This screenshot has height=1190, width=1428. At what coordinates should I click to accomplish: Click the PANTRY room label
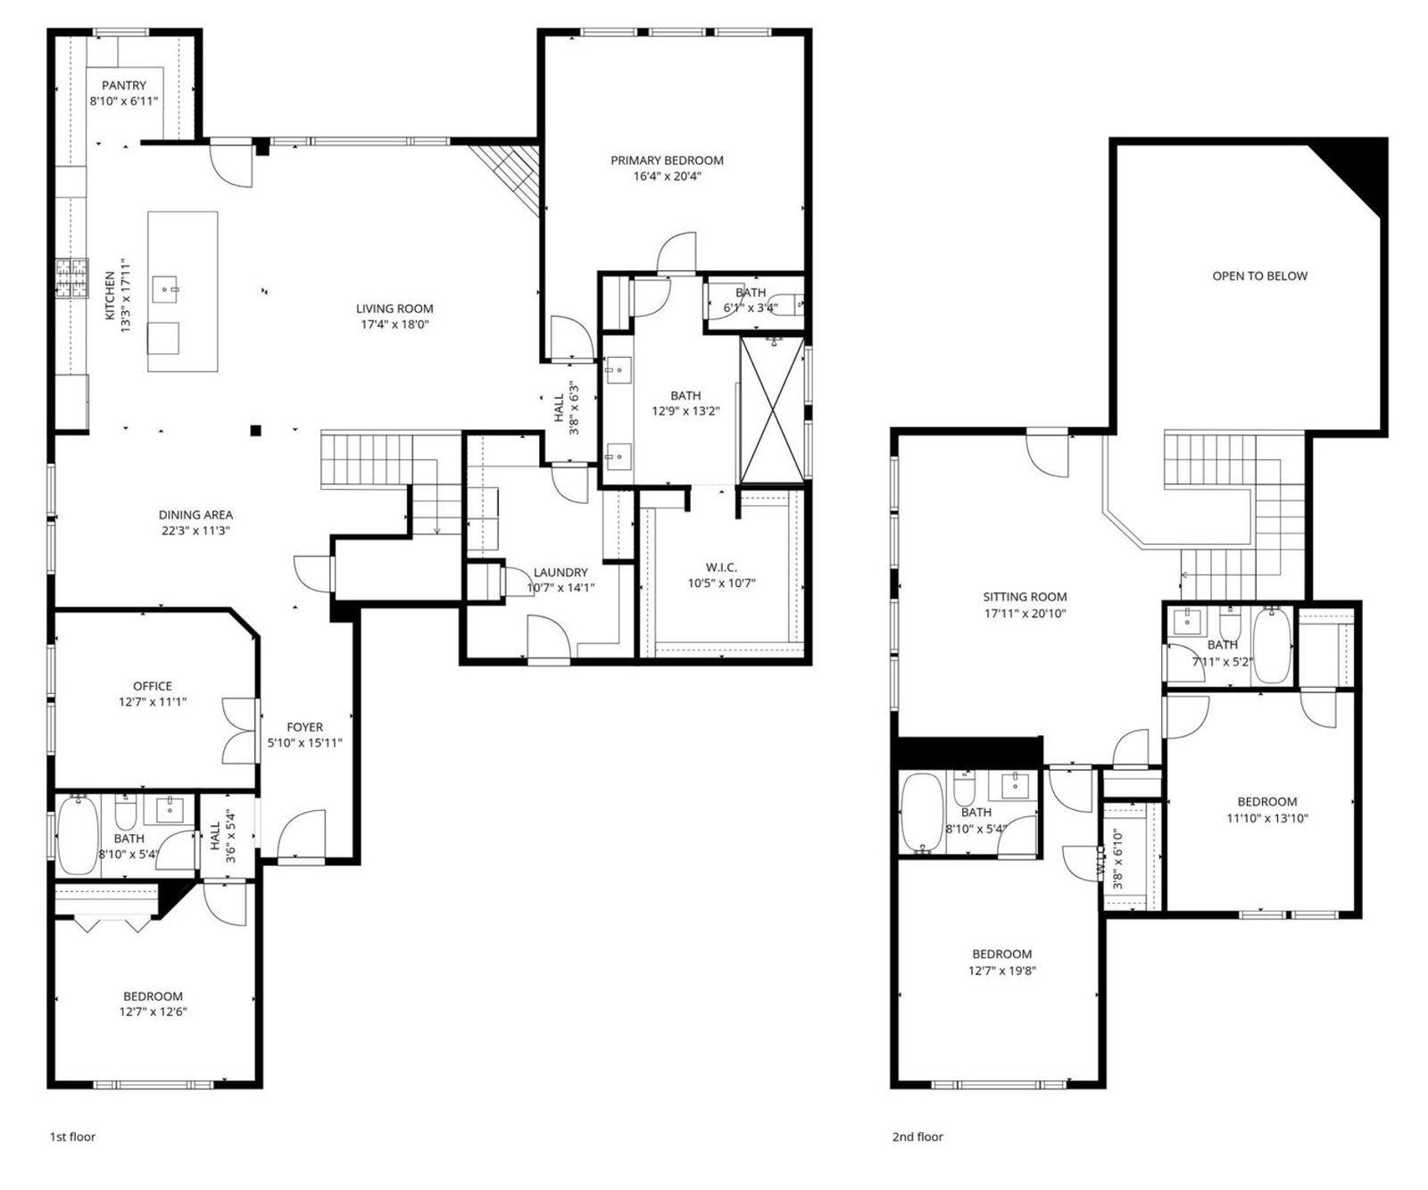tap(124, 86)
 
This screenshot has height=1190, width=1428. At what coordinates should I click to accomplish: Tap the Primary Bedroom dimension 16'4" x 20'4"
tap(668, 177)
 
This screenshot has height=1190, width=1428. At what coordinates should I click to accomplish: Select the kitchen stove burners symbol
tap(72, 277)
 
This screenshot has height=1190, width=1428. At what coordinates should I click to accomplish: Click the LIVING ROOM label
tap(394, 309)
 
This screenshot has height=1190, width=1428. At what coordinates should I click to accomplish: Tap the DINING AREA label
tap(195, 515)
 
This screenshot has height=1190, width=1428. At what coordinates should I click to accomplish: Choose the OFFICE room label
tap(153, 686)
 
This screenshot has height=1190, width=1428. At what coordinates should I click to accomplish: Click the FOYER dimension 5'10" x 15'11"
tap(305, 743)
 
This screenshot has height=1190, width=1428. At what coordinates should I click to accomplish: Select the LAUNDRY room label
tap(560, 573)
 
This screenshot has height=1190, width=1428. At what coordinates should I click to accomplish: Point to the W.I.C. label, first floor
tap(721, 567)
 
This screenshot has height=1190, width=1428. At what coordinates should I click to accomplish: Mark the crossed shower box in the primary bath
tap(773, 410)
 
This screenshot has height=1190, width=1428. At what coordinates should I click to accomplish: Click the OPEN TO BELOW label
tap(1259, 277)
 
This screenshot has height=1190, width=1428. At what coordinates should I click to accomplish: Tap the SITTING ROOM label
tap(1025, 598)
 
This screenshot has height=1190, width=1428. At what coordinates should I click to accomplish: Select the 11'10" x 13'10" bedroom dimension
tap(1267, 818)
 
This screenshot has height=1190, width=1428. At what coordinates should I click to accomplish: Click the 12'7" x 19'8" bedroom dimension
tap(1002, 971)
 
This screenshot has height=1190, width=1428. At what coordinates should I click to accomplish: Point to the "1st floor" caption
tap(72, 1137)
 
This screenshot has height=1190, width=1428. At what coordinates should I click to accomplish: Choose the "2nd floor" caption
tap(917, 1137)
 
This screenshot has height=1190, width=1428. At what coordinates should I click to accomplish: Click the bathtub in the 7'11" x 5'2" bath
tap(1272, 644)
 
